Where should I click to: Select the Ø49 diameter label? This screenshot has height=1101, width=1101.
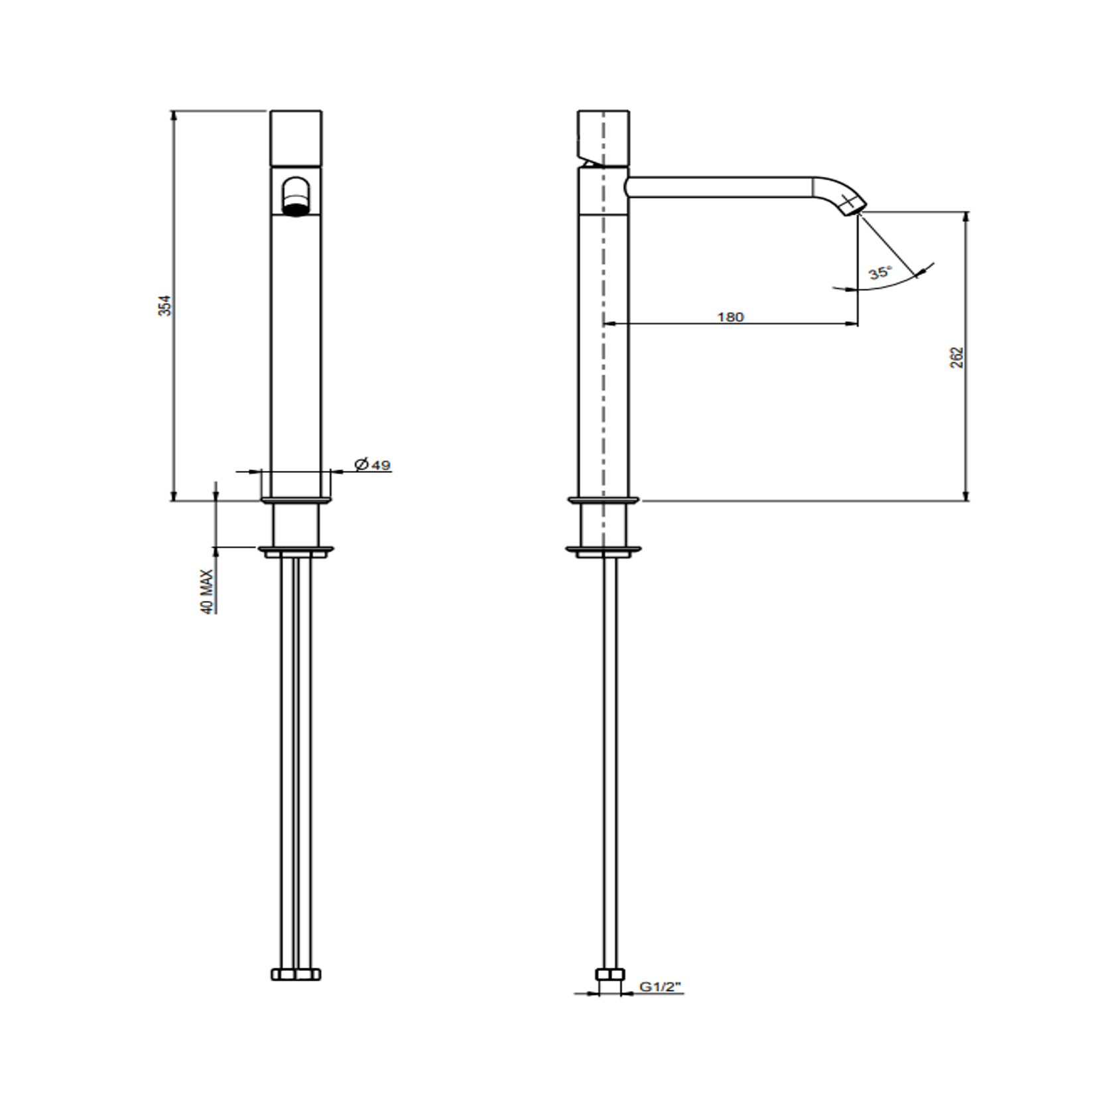(372, 465)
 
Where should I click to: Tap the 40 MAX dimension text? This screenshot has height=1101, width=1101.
(208, 592)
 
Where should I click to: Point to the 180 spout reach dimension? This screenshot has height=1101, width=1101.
(730, 317)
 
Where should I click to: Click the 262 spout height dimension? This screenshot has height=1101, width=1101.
(956, 357)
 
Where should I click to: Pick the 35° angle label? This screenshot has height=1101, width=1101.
(880, 273)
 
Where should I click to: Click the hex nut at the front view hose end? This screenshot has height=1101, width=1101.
(296, 974)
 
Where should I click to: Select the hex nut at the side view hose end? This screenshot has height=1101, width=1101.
(610, 974)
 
